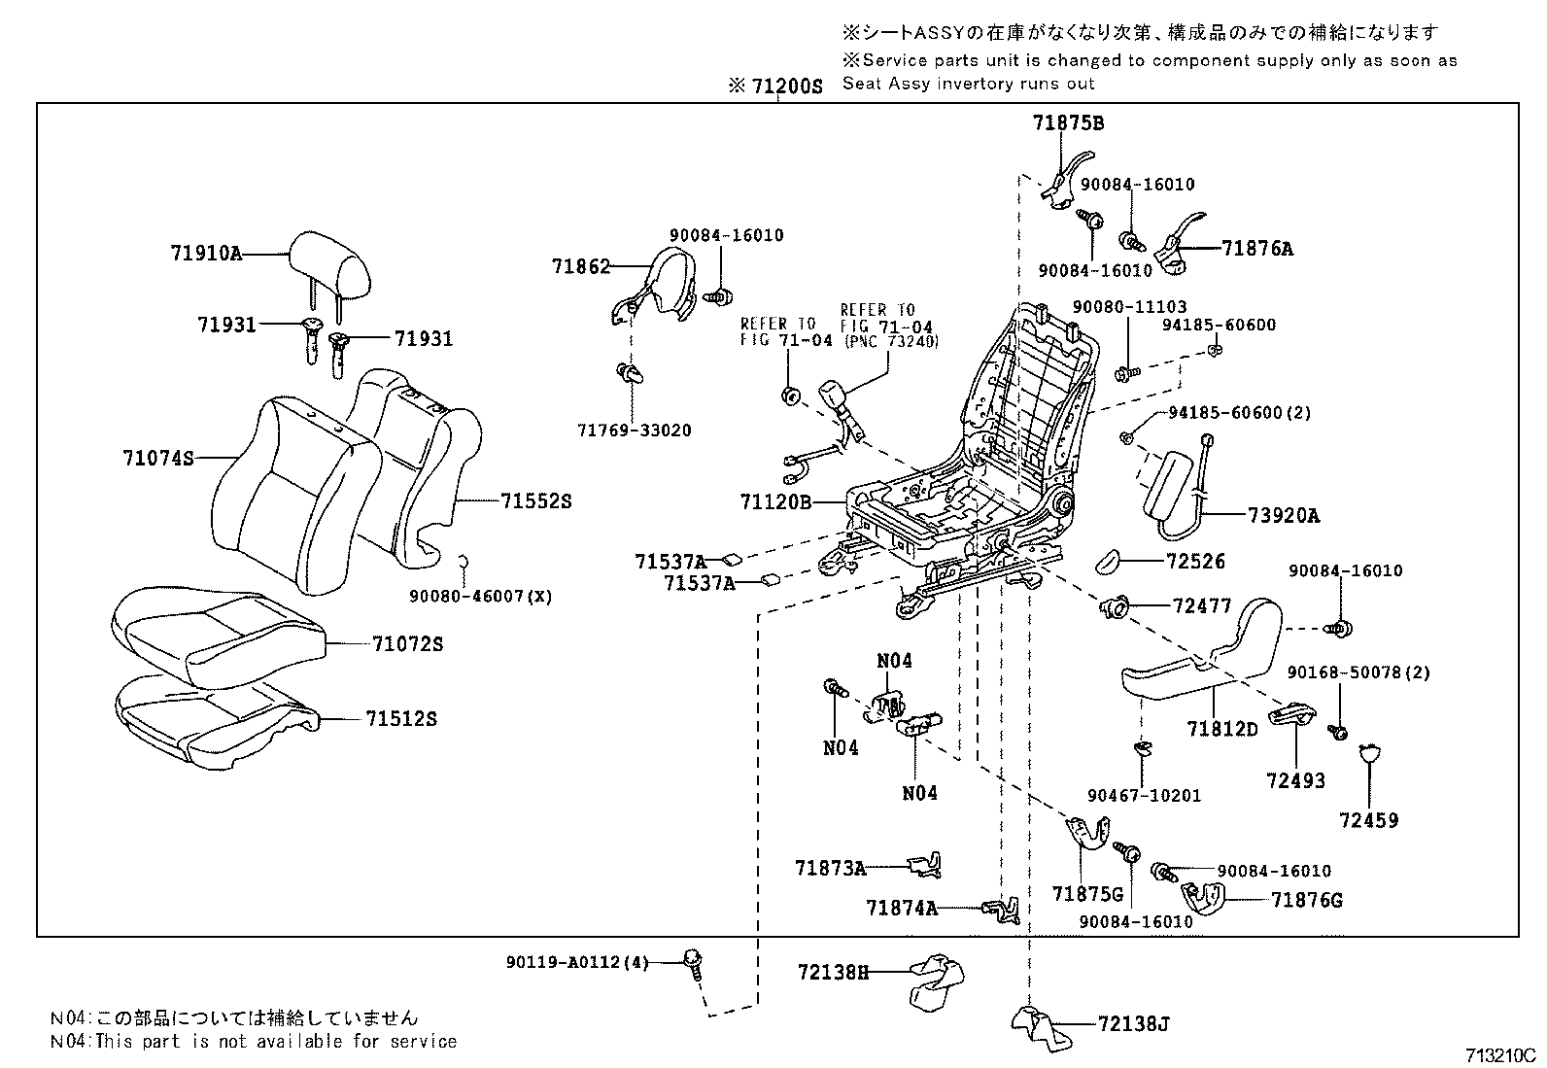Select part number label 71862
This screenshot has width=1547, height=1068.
click(x=580, y=265)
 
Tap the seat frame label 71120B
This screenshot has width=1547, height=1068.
click(x=774, y=502)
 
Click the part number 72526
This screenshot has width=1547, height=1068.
click(x=1195, y=562)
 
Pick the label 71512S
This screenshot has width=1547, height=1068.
click(x=401, y=719)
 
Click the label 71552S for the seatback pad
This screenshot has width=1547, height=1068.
click(x=536, y=501)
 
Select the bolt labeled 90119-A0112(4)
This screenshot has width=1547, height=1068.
click(x=576, y=962)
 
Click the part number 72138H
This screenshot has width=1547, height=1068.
click(x=833, y=971)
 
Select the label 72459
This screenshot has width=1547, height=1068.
click(x=1368, y=820)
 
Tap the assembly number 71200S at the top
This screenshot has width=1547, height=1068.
click(x=786, y=86)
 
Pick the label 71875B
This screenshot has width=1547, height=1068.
click(x=1068, y=123)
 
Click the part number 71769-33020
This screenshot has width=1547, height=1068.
click(x=634, y=431)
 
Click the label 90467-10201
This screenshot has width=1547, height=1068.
click(x=1144, y=796)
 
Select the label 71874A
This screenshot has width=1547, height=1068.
click(x=902, y=908)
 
